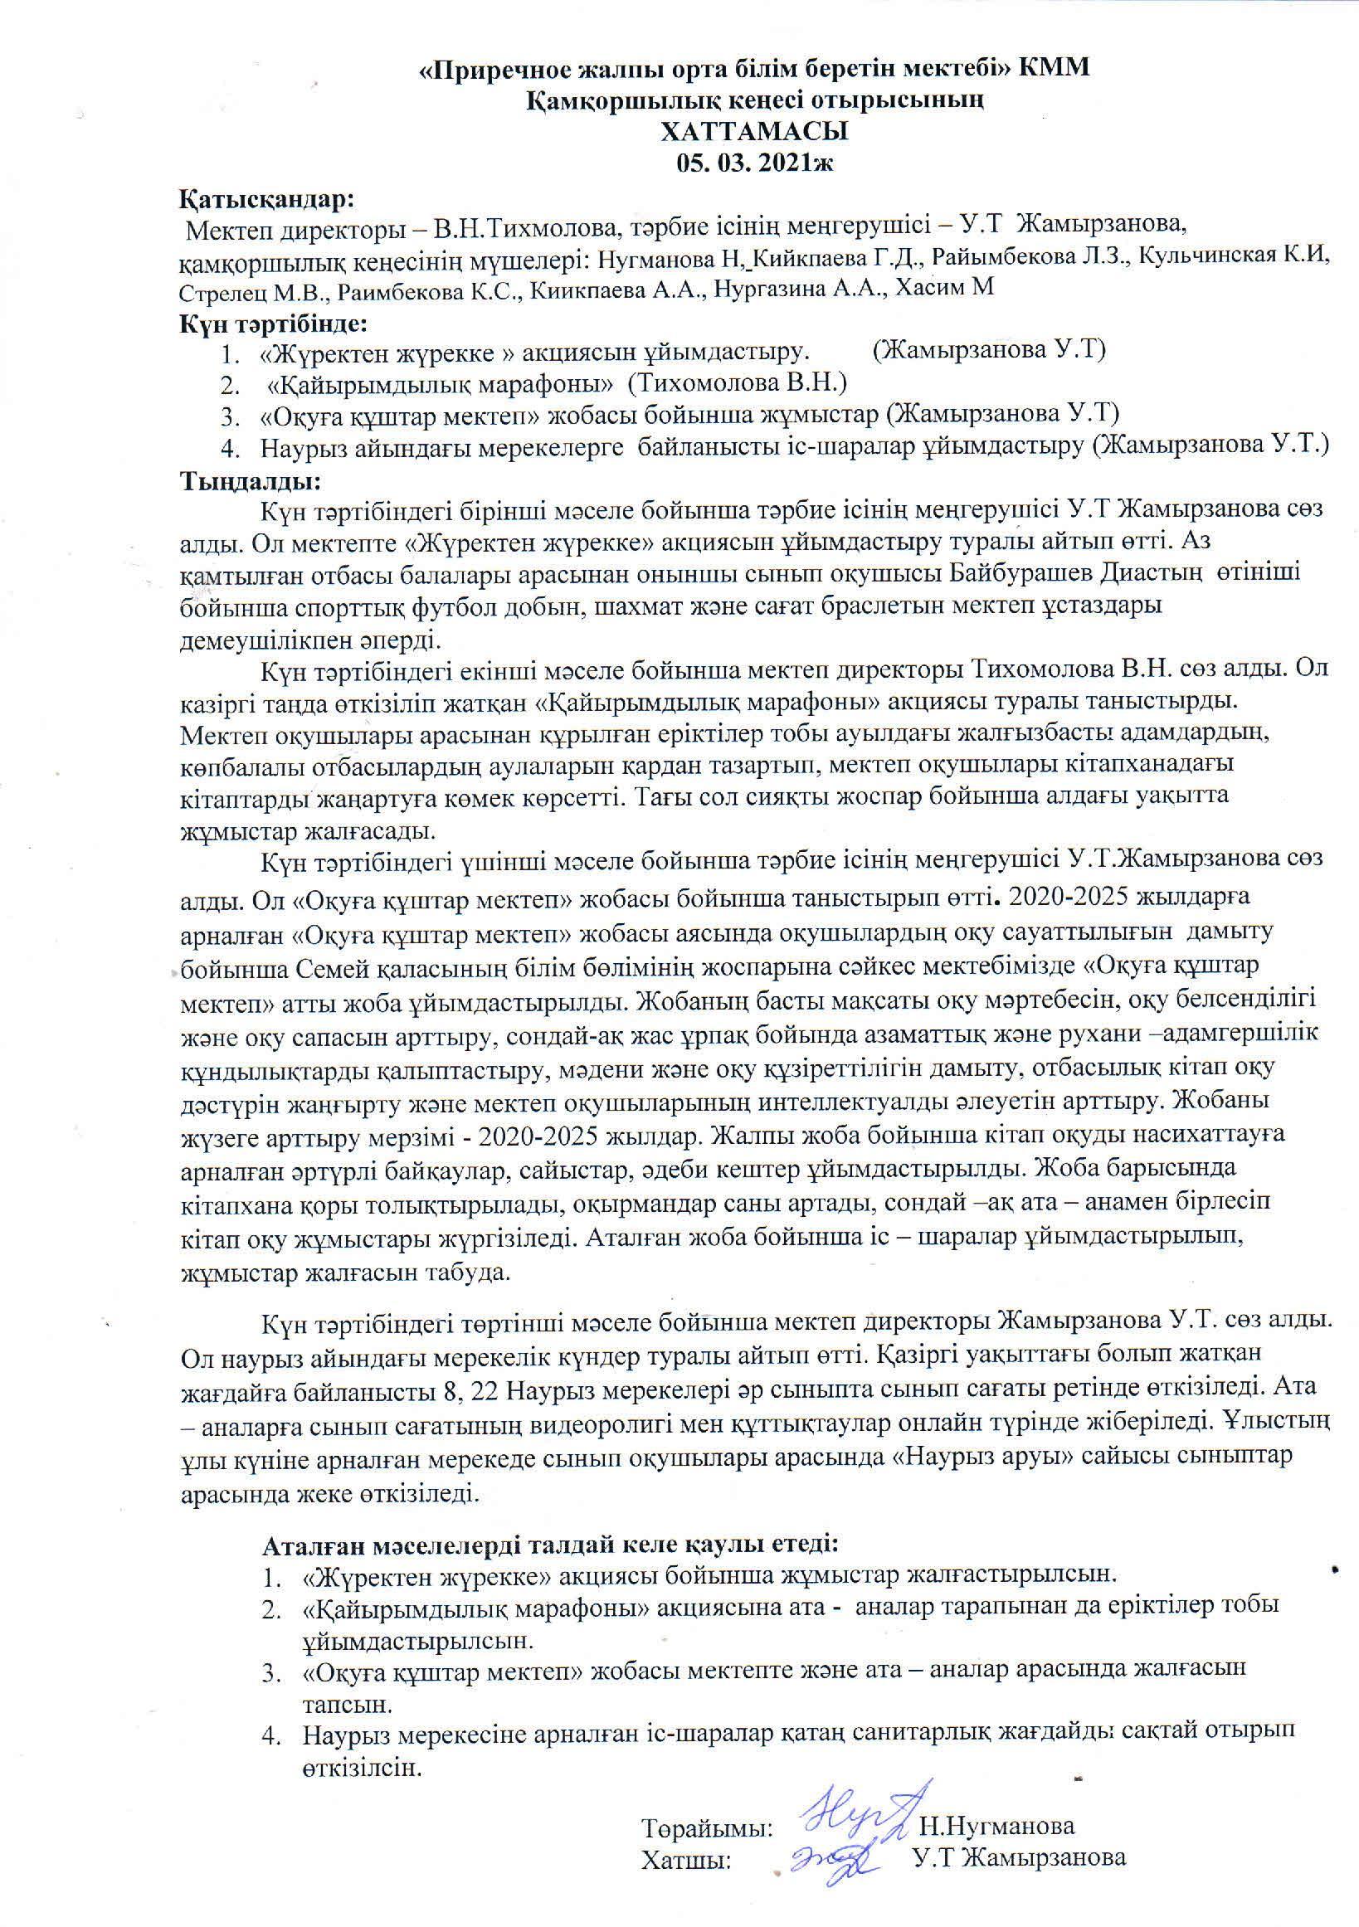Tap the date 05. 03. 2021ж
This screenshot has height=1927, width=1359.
pyautogui.click(x=755, y=163)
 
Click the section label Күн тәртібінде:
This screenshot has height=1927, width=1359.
pyautogui.click(x=275, y=323)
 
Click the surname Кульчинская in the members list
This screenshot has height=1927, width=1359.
pyautogui.click(x=1220, y=257)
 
